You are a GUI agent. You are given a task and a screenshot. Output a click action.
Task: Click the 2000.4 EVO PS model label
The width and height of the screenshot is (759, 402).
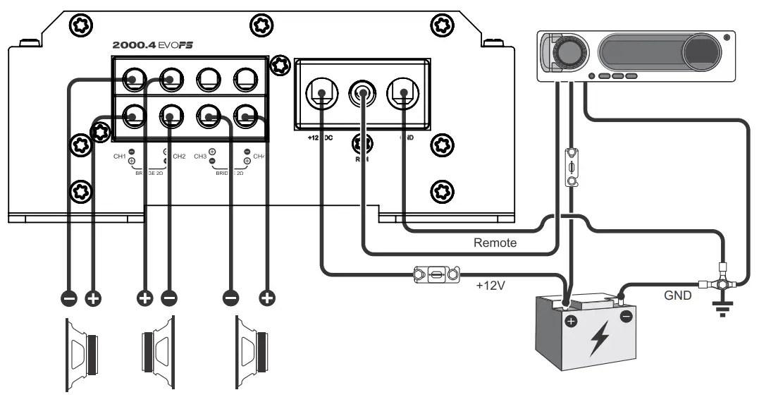153,44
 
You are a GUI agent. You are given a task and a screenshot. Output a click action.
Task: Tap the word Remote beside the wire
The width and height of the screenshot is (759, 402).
495,243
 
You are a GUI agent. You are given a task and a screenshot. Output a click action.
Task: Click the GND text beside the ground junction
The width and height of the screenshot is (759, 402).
678,296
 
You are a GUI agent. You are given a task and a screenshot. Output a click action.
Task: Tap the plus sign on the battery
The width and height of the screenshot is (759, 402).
571,322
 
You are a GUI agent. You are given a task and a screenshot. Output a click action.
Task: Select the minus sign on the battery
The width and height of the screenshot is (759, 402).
626,317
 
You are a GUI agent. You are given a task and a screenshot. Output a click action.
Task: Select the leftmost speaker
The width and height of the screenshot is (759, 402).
82,353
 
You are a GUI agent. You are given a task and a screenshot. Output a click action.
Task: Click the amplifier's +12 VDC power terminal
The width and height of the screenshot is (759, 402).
321,92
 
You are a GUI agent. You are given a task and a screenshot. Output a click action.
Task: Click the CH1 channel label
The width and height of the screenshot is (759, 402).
119,156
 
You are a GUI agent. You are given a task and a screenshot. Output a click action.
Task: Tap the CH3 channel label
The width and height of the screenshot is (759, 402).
199,156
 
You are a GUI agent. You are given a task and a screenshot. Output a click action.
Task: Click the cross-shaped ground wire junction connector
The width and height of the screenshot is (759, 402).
720,284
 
